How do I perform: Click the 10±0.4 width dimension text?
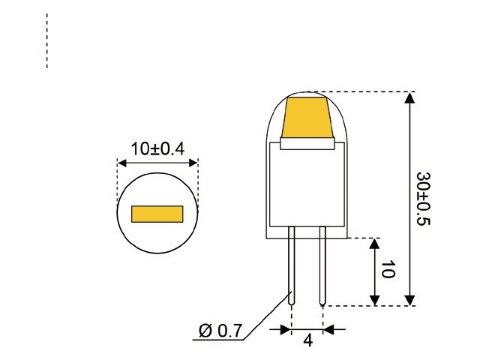[157, 148]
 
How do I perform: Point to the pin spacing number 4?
[307, 340]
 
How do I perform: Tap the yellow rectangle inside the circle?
[157, 214]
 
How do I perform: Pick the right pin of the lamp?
[322, 266]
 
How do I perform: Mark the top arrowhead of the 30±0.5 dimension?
[409, 98]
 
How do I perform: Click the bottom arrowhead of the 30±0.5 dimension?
[409, 299]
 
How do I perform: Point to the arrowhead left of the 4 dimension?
[286, 328]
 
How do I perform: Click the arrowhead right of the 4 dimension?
[329, 328]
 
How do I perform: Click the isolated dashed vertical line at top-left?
[47, 41]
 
